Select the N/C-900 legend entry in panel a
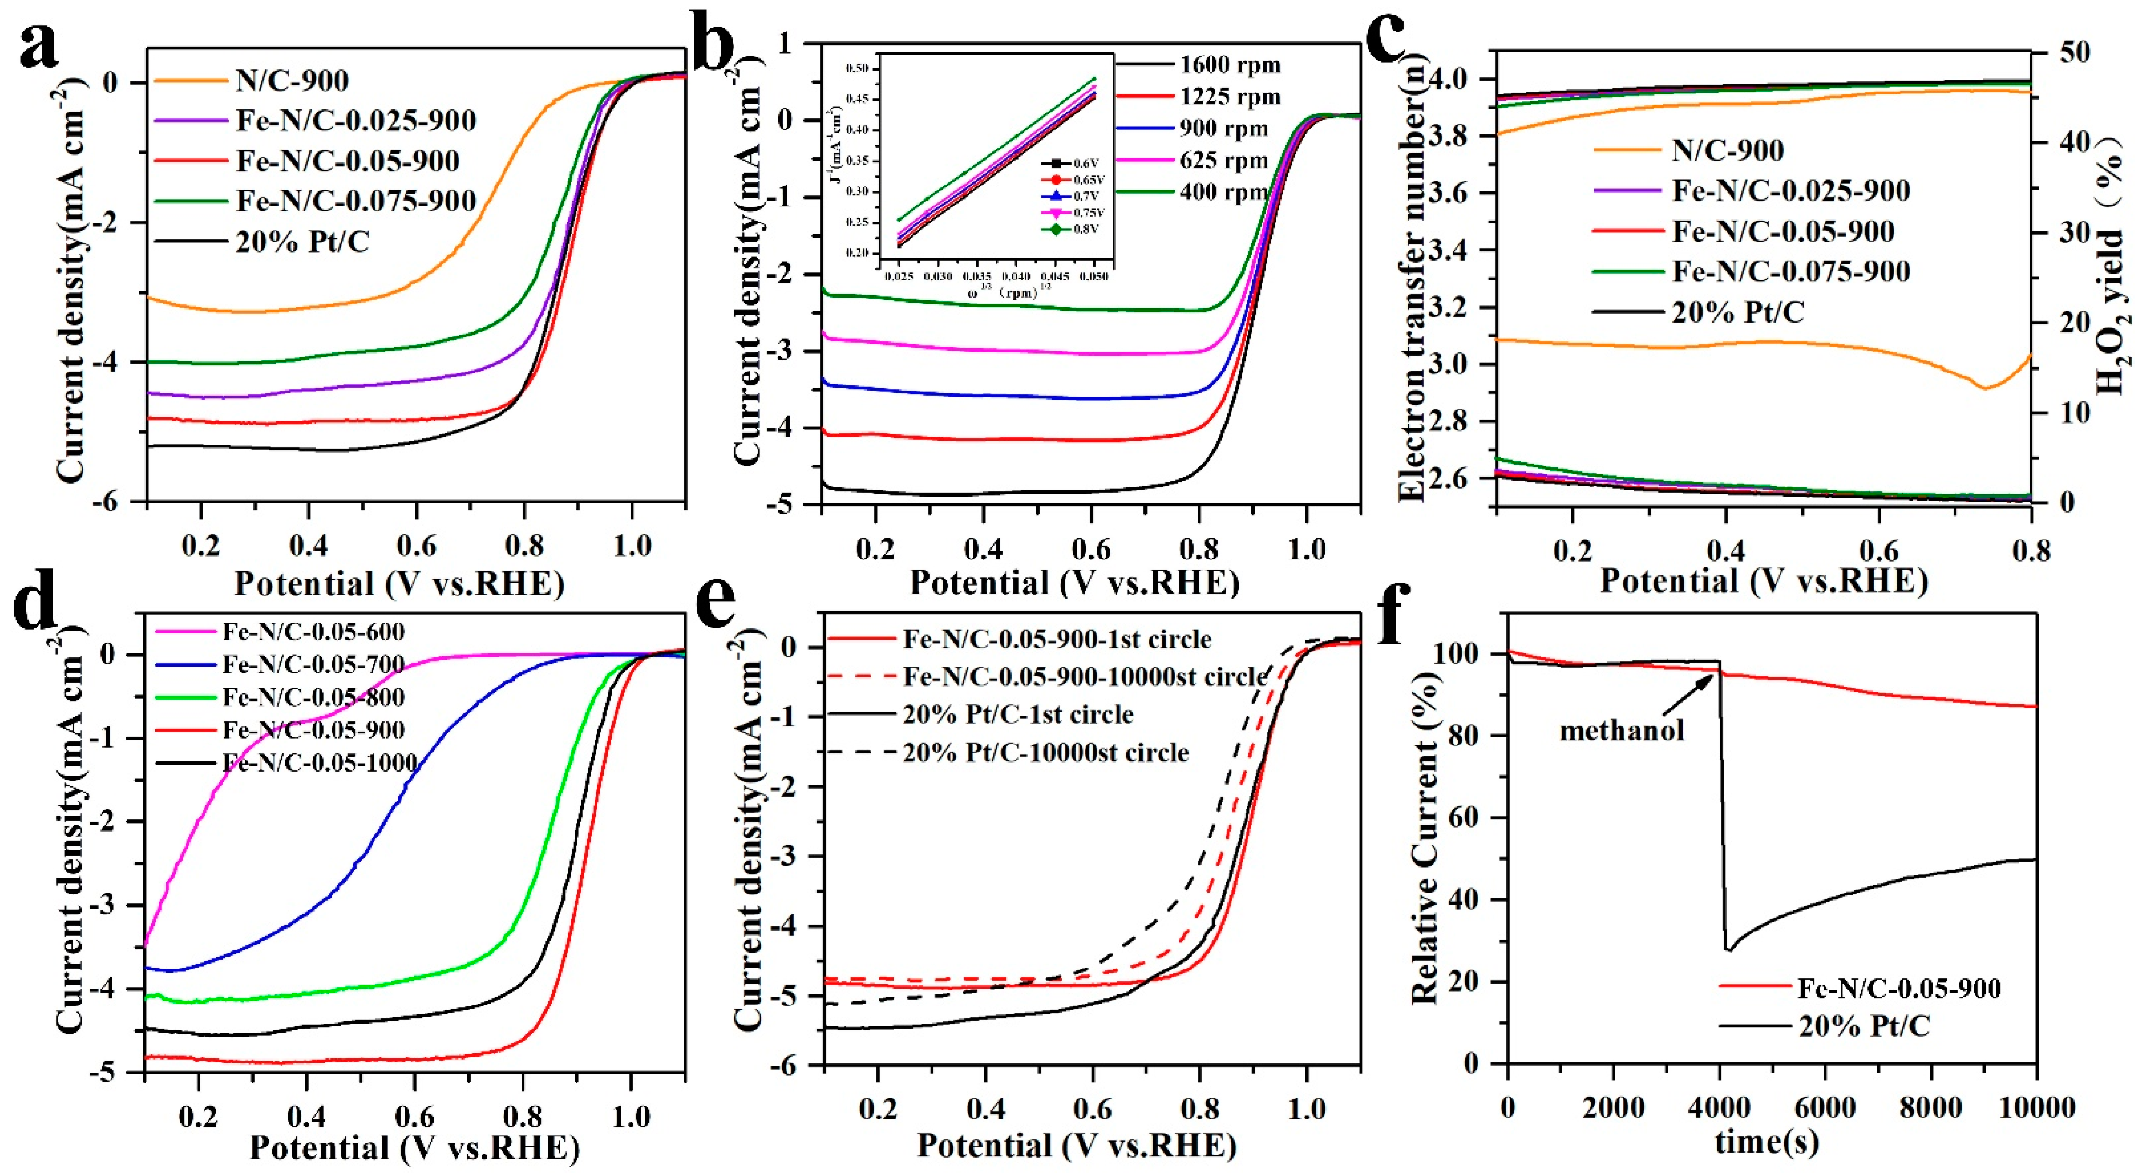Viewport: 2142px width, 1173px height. point(291,81)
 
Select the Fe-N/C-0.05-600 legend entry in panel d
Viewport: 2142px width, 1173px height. point(313,632)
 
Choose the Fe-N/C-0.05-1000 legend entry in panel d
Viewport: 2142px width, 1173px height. point(319,763)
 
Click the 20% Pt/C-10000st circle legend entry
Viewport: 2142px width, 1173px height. point(1045,752)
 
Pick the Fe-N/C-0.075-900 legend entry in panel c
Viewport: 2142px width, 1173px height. point(1790,271)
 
